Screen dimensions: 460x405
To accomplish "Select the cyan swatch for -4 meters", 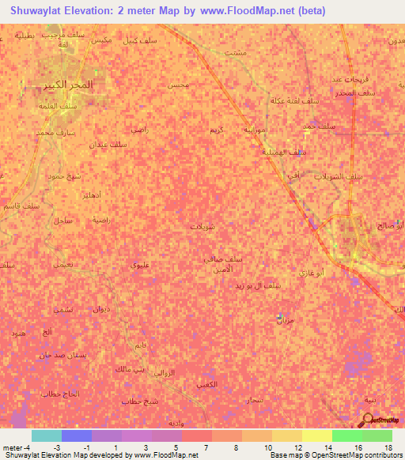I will [46, 435].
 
